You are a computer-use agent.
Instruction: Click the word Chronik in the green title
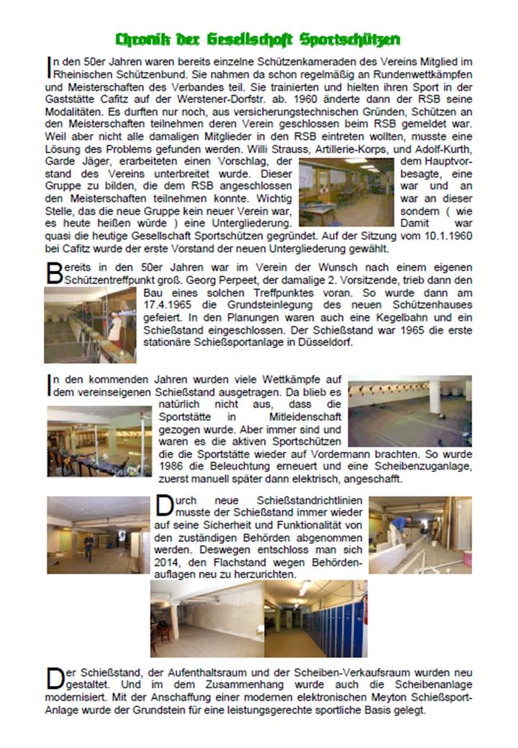coord(143,39)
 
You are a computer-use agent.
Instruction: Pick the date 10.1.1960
coord(446,236)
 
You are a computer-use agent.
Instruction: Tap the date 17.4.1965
coord(166,304)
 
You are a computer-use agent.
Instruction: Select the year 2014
coord(168,564)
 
